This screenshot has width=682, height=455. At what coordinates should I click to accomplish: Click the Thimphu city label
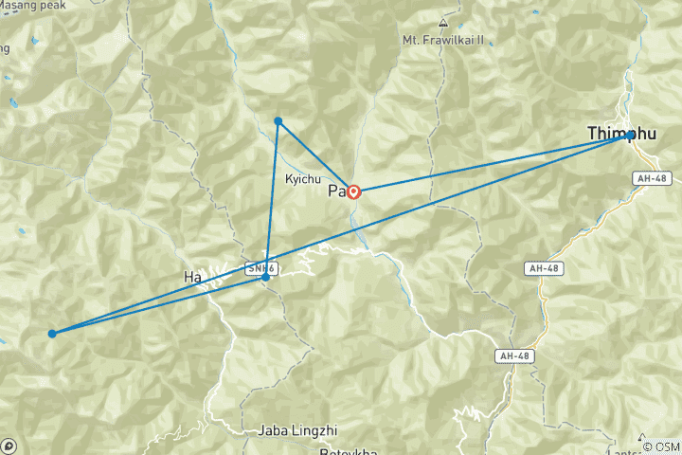click(x=620, y=135)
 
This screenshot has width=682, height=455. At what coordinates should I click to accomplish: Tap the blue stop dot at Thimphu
click(x=630, y=136)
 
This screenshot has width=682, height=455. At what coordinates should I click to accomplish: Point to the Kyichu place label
click(x=302, y=178)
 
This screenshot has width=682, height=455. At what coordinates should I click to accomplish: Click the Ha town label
click(x=192, y=277)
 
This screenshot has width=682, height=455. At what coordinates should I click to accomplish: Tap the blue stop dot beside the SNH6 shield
click(x=266, y=277)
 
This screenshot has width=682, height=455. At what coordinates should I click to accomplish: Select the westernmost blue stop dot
click(x=52, y=334)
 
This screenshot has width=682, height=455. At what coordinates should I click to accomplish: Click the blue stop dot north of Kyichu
click(x=278, y=121)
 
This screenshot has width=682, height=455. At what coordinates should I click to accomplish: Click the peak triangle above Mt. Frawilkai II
click(x=442, y=22)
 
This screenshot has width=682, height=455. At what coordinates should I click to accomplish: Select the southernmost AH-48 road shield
click(x=511, y=355)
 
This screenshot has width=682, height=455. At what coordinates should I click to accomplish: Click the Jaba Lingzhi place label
click(x=296, y=430)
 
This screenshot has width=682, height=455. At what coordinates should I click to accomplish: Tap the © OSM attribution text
click(x=661, y=446)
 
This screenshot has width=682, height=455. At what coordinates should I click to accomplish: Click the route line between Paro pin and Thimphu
click(x=493, y=163)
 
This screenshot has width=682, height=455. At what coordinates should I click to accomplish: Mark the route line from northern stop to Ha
click(x=272, y=199)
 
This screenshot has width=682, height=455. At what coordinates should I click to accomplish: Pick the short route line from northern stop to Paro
click(x=315, y=156)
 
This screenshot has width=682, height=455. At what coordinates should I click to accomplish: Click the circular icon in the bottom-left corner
click(x=9, y=446)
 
